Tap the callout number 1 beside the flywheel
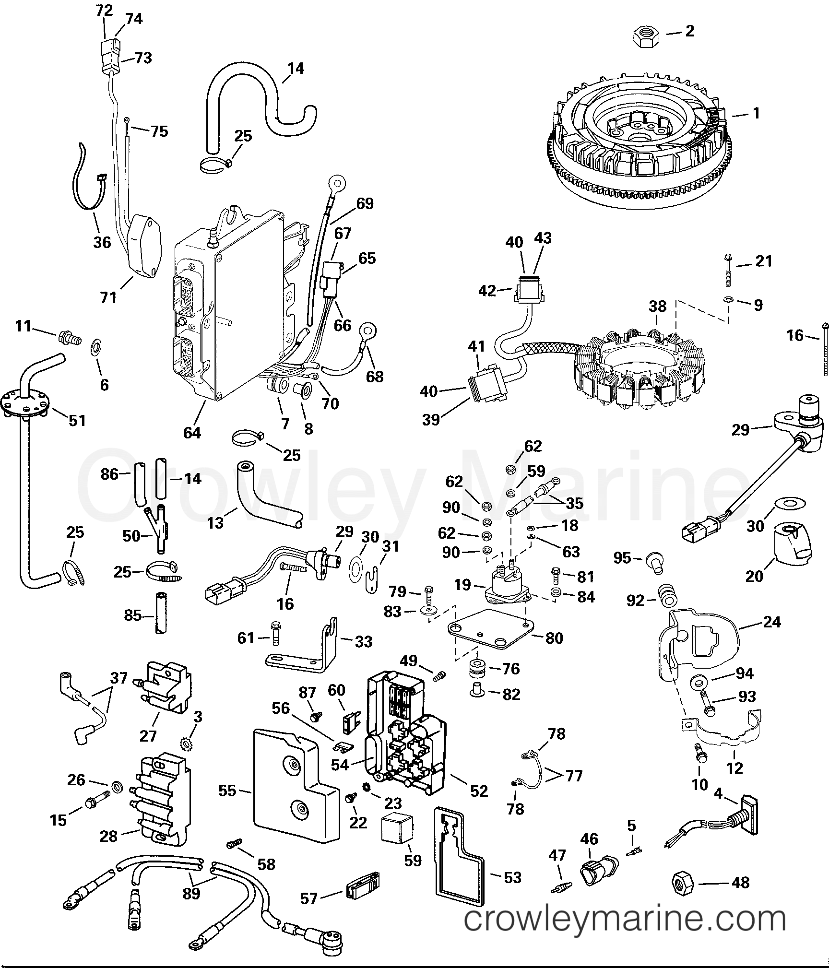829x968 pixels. (756, 114)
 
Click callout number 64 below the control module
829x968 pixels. (192, 433)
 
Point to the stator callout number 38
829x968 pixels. (657, 306)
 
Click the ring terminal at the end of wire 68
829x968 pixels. (369, 331)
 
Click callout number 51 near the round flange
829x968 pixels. (77, 420)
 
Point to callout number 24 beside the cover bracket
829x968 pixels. (771, 622)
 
